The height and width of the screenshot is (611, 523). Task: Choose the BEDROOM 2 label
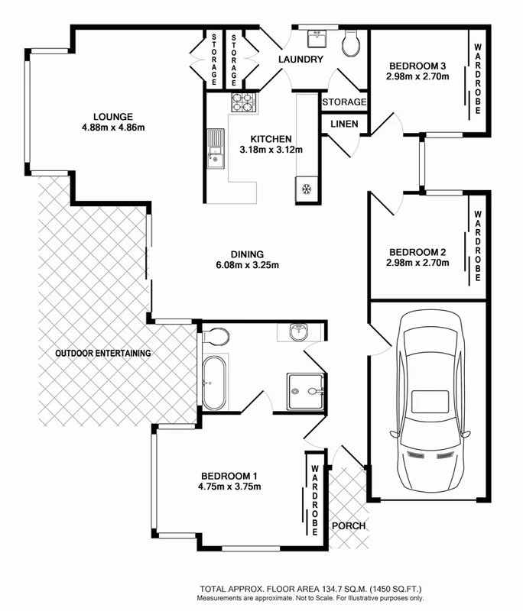click(417, 252)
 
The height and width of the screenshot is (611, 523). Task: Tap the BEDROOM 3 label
click(417, 65)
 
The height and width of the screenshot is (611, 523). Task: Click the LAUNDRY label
click(300, 60)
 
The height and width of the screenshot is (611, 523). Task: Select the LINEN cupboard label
click(343, 124)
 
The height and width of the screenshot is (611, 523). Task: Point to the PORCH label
click(348, 526)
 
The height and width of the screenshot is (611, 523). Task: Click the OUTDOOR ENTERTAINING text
click(102, 354)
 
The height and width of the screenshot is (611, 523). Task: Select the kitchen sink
click(213, 149)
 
